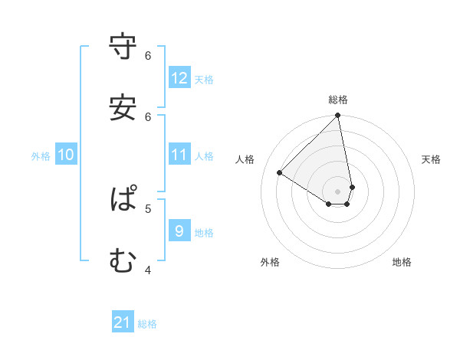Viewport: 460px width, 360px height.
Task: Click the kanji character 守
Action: click(x=123, y=47)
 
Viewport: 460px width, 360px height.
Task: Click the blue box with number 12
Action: click(x=179, y=78)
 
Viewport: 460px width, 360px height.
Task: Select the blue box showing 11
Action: click(x=179, y=155)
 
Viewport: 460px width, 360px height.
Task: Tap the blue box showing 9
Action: click(x=179, y=231)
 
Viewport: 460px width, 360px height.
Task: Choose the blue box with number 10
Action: click(x=66, y=155)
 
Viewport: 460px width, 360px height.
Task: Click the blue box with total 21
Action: click(x=123, y=322)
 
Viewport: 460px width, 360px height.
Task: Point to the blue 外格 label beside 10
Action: click(x=41, y=155)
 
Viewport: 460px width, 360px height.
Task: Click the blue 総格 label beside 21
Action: click(x=147, y=324)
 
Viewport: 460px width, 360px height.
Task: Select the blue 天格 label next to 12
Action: click(x=204, y=80)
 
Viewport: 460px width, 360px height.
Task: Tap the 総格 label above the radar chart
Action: click(x=338, y=100)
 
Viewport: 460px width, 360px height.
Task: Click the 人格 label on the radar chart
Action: click(x=245, y=159)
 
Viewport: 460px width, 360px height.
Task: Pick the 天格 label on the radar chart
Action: click(x=431, y=159)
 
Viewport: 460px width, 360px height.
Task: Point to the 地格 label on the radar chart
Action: click(x=402, y=262)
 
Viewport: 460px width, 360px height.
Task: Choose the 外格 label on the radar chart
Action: click(x=270, y=262)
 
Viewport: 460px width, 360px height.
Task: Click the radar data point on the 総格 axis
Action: click(x=338, y=116)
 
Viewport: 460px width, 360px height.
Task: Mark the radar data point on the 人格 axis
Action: click(x=280, y=173)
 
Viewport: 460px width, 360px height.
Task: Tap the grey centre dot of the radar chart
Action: click(x=338, y=191)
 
